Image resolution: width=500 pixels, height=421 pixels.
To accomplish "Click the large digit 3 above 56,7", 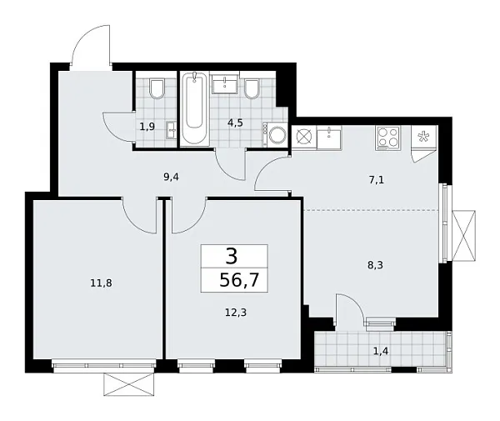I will (x=234, y=256).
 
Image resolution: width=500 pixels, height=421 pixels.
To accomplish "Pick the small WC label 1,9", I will (x=147, y=128).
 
